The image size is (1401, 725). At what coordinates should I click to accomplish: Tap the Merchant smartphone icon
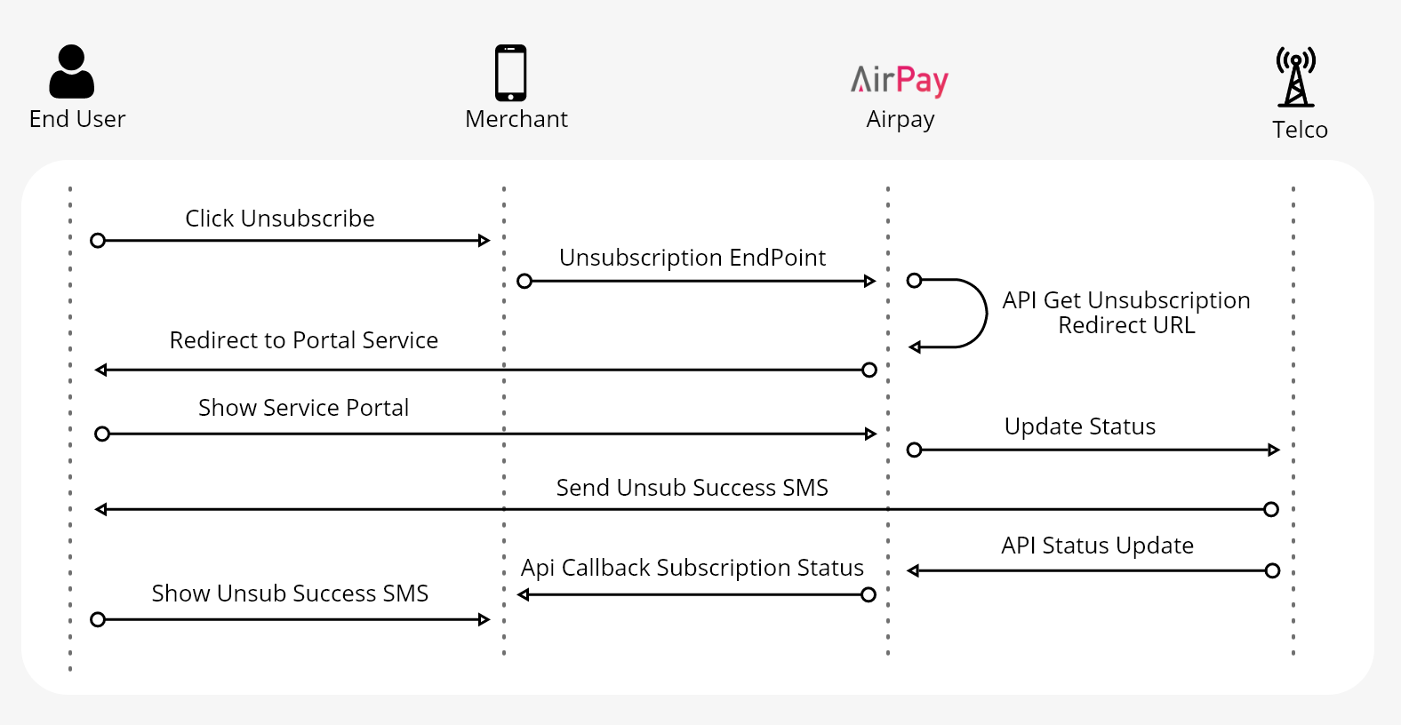[511, 73]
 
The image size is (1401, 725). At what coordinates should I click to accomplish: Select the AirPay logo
[900, 80]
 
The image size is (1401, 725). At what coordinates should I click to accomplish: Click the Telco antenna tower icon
[1296, 77]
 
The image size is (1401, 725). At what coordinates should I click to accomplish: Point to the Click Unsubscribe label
[279, 219]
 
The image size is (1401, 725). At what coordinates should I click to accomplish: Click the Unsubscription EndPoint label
[692, 258]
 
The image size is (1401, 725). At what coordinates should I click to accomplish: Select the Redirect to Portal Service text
[303, 340]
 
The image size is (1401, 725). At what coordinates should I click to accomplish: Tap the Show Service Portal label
[303, 408]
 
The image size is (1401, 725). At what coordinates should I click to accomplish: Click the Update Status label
[1079, 426]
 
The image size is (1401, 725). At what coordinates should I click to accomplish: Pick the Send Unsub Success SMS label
[692, 488]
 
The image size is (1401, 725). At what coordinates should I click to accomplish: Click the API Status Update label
[1097, 546]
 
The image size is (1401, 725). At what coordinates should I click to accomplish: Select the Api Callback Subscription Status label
[692, 568]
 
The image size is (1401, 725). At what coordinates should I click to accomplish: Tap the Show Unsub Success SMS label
[290, 594]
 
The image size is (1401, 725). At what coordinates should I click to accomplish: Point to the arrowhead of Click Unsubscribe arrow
[484, 241]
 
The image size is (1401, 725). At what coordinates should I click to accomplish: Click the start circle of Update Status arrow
[914, 450]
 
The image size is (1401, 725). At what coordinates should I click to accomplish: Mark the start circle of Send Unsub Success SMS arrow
[1271, 509]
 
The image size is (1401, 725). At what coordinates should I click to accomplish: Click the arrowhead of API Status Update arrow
[913, 570]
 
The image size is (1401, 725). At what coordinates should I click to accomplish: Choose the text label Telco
[1300, 130]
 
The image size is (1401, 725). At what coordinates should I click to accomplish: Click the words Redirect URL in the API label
[1126, 325]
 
